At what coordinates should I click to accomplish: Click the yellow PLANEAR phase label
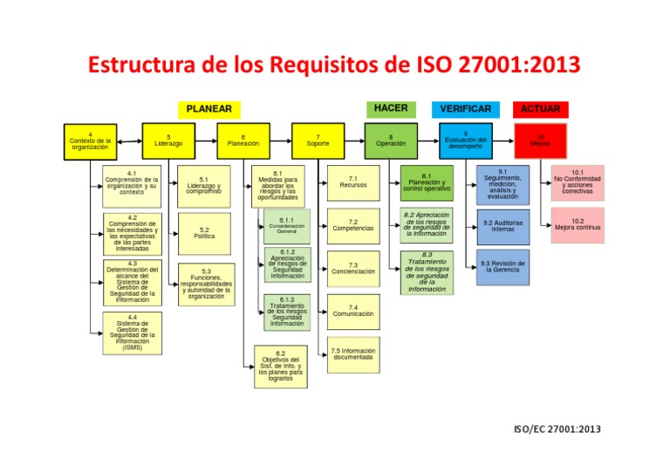coord(209,109)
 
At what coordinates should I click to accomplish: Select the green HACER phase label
coord(391,108)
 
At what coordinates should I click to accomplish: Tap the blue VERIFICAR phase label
coord(465,109)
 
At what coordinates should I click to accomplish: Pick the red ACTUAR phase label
coord(540,109)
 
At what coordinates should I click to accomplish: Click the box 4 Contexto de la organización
coord(91,141)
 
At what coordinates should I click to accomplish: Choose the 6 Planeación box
coord(243,141)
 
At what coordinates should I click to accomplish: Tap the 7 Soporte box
coord(318,141)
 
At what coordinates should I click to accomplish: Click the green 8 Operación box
coord(390,141)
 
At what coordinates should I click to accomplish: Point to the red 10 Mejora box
coord(540,140)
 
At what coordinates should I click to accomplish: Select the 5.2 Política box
coord(204,232)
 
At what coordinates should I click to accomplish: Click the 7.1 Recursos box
coord(352,182)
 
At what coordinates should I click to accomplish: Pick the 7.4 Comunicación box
coord(352,310)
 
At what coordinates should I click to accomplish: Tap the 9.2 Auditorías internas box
coord(502,226)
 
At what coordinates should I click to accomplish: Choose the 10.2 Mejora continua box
coord(578,225)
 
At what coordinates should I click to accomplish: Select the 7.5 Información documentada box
coord(352,354)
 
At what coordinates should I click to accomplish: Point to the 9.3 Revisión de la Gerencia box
coord(502,266)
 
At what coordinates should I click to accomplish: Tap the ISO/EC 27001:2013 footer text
coord(557,429)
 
